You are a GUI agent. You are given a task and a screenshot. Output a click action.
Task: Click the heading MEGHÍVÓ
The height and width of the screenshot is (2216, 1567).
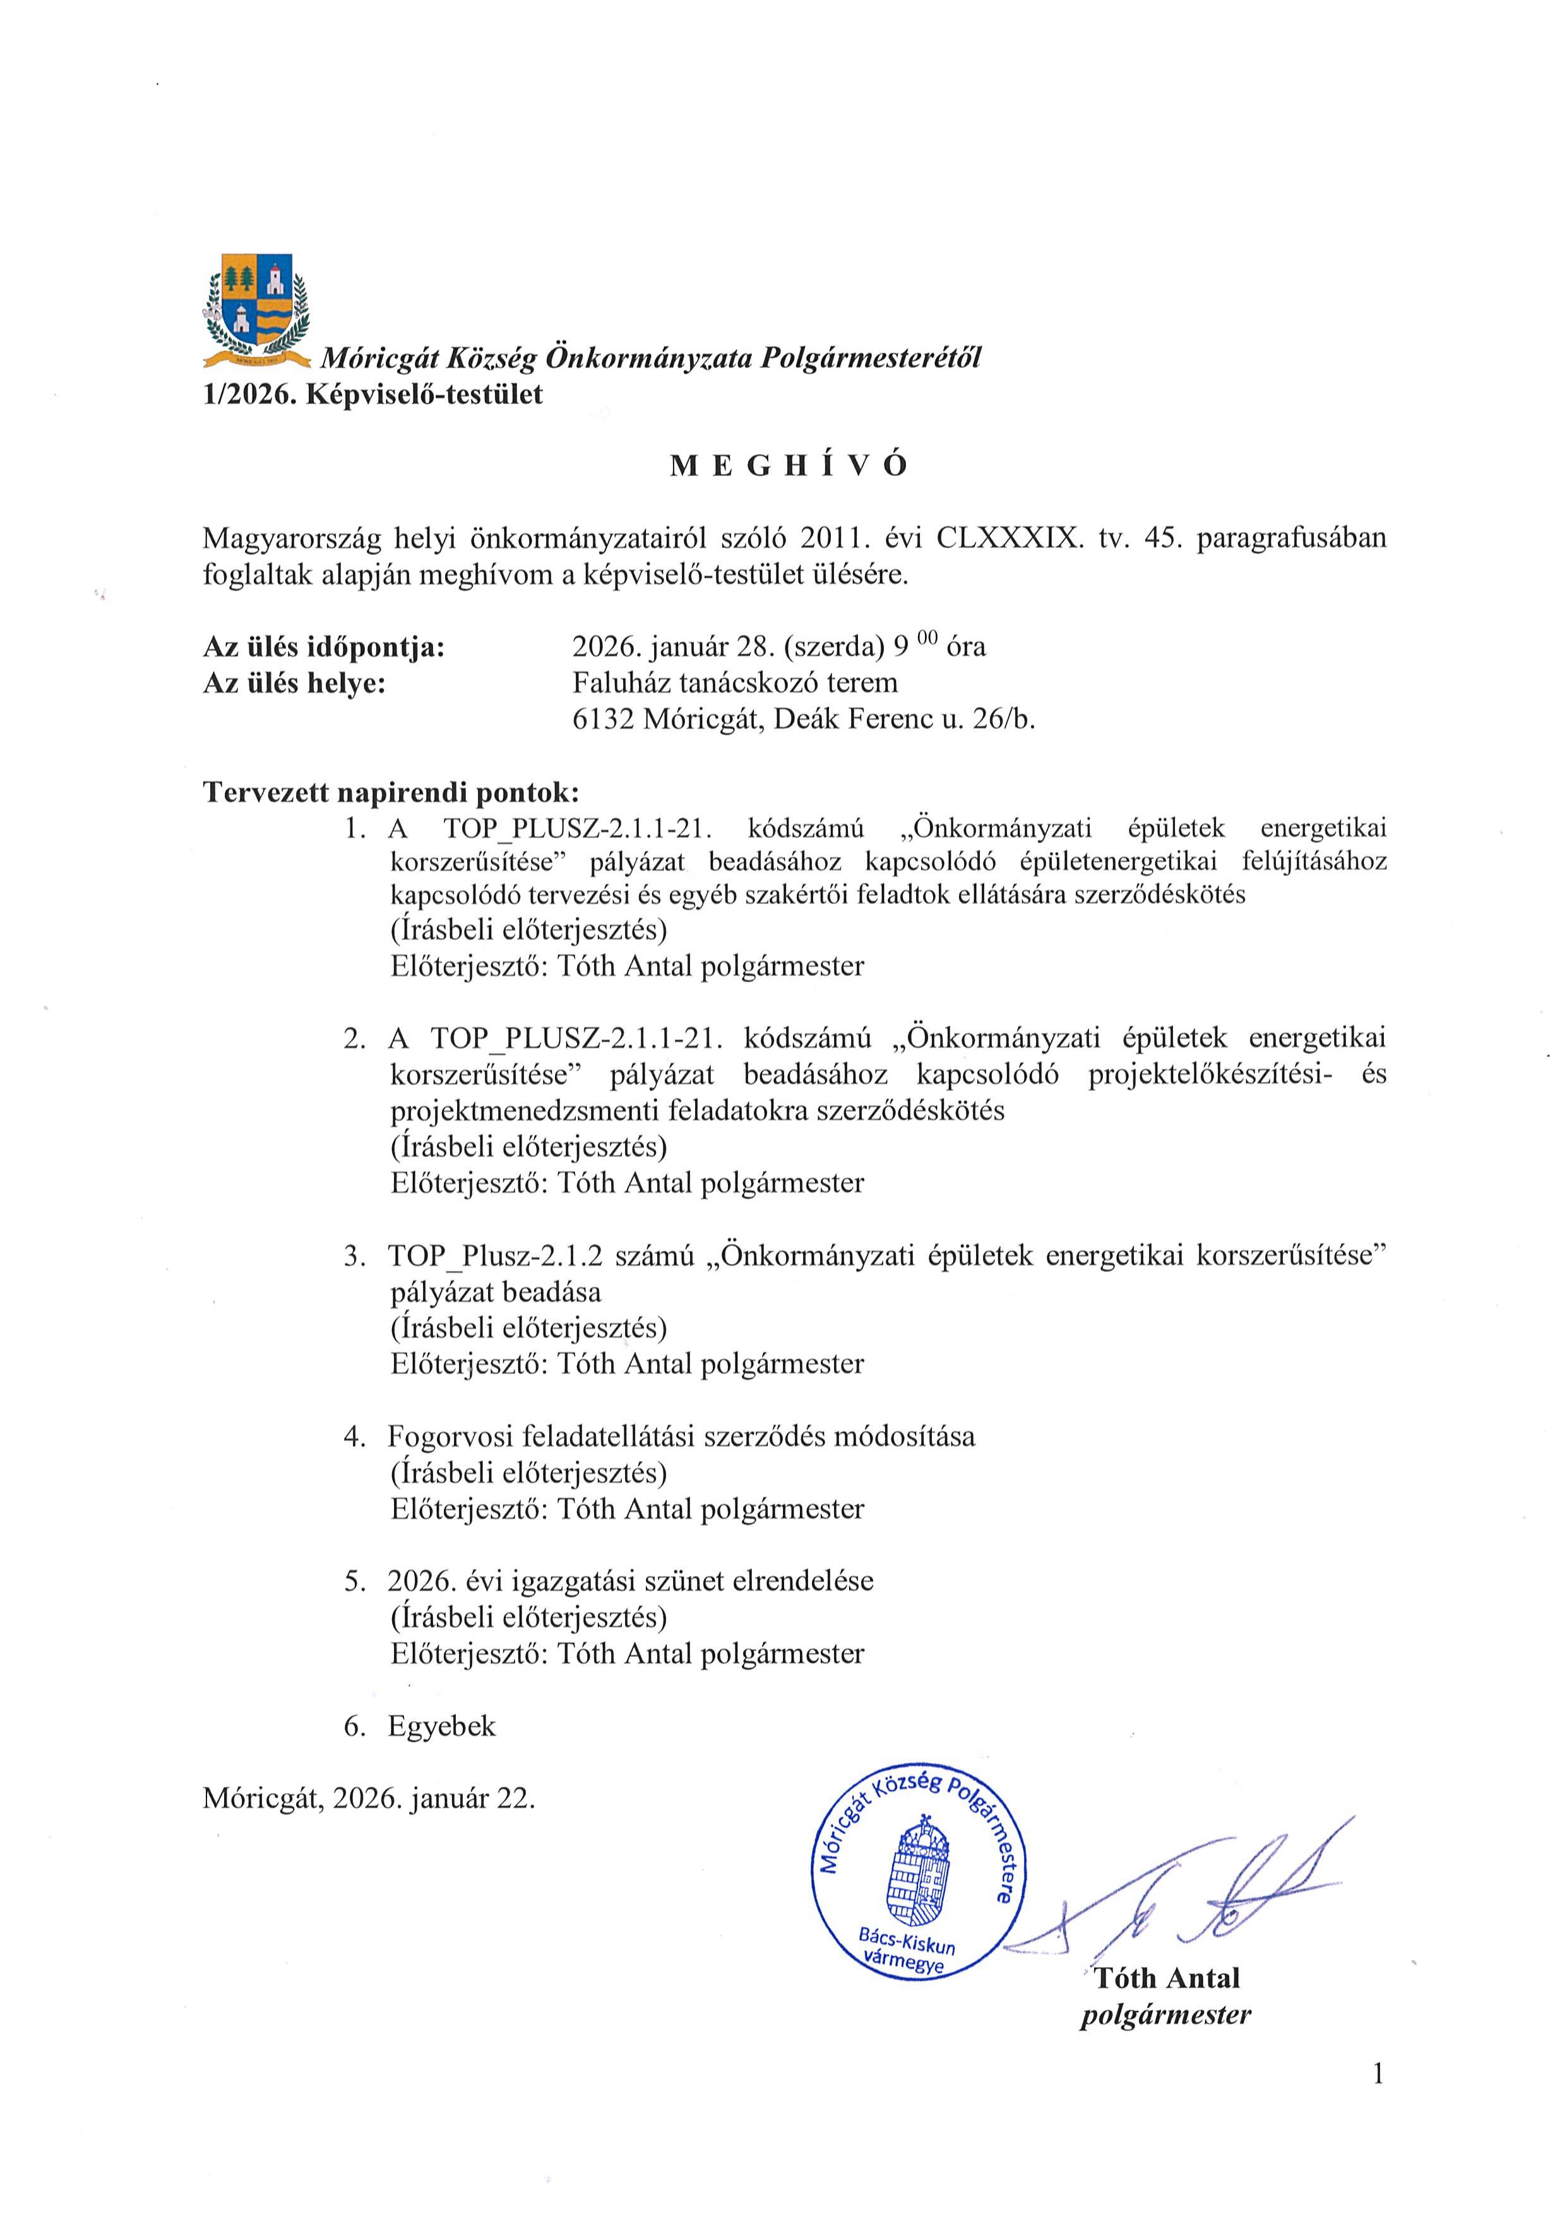(789, 466)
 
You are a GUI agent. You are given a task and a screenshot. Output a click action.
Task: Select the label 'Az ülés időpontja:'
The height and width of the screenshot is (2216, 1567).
(325, 646)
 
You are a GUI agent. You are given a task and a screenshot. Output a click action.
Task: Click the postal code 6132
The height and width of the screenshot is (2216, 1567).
(603, 720)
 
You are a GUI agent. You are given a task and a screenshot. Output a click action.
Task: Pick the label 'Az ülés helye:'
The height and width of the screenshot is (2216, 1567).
(294, 683)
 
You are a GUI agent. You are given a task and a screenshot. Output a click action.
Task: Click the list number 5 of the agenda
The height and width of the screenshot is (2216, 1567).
(354, 1581)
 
